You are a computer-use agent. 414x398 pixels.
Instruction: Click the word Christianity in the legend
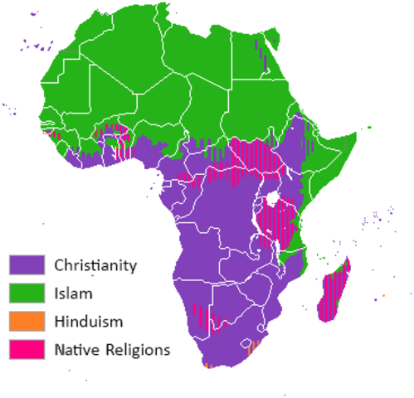point(95,266)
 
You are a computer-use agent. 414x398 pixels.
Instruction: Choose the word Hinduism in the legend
point(89,322)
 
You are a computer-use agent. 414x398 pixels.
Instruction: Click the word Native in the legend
point(77,350)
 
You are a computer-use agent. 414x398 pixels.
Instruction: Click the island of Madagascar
point(334,290)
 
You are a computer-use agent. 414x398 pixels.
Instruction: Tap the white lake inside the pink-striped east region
point(270,199)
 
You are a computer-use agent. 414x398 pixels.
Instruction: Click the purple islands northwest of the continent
point(36,43)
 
